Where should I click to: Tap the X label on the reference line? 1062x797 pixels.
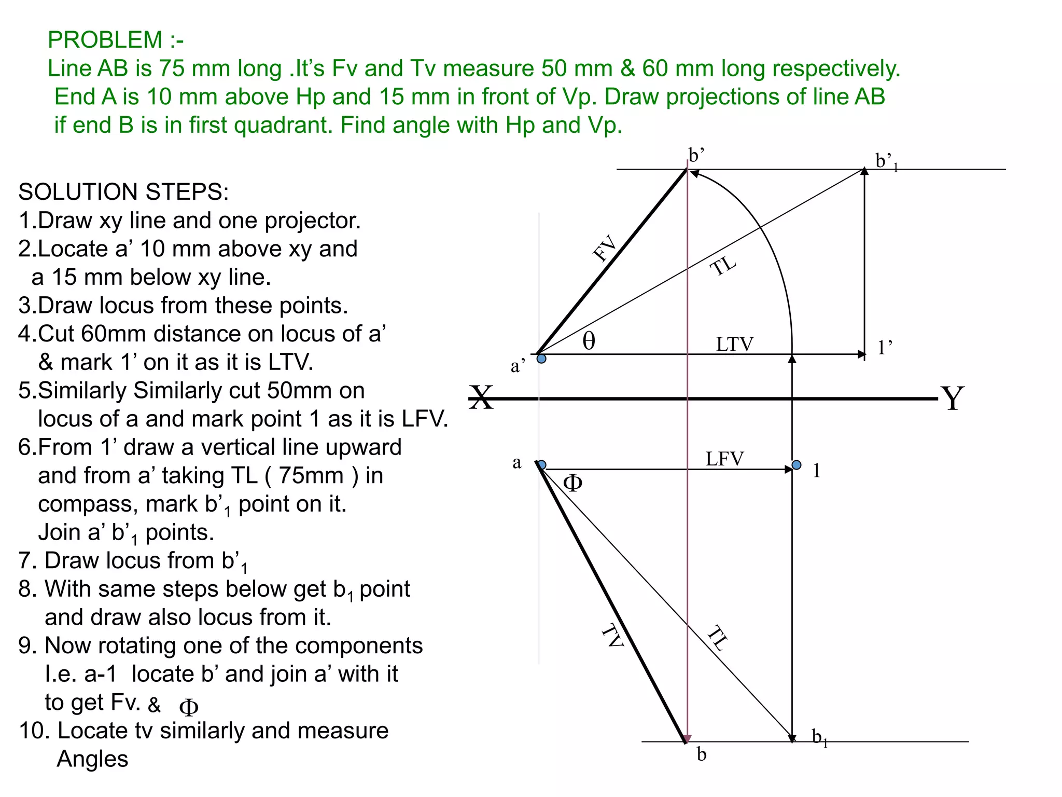point(482,398)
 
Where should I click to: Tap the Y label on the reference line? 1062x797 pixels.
point(953,398)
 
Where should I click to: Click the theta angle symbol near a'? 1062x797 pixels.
point(589,341)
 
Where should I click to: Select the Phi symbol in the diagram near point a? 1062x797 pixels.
point(572,483)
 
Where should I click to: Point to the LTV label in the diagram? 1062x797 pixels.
point(735,344)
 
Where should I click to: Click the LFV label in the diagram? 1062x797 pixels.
point(724,459)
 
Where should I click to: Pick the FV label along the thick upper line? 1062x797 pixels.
point(605,249)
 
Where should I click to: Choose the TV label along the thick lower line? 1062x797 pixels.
point(612,636)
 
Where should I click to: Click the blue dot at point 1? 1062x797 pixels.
point(796,464)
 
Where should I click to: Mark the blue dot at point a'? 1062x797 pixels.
point(541,359)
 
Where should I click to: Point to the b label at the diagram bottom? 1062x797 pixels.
point(702,754)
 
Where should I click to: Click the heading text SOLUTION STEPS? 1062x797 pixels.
point(123,192)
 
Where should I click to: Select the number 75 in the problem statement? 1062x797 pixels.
point(172,68)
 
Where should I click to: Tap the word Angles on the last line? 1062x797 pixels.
point(92,759)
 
